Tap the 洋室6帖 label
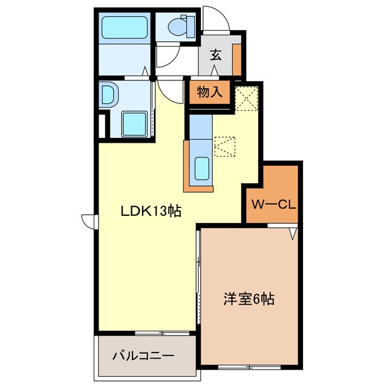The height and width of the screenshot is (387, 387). pos(249,299)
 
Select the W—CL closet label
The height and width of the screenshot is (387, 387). pos(273,204)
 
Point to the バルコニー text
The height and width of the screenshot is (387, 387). pos(143,356)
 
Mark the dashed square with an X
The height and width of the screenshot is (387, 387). pos(247,97)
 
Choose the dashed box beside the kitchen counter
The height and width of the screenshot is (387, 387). pos(225,146)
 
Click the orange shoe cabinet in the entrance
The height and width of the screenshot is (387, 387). pos(237,57)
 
